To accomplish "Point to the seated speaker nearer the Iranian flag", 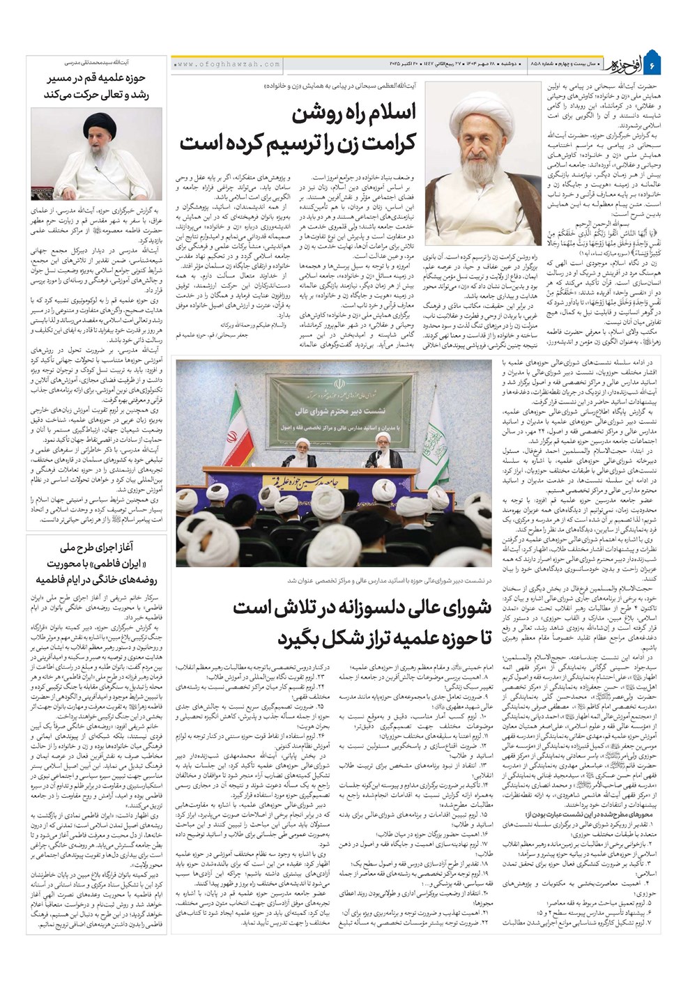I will [291, 456].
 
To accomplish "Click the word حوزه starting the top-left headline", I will [146, 79].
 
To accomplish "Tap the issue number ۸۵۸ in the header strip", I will [537, 64].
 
